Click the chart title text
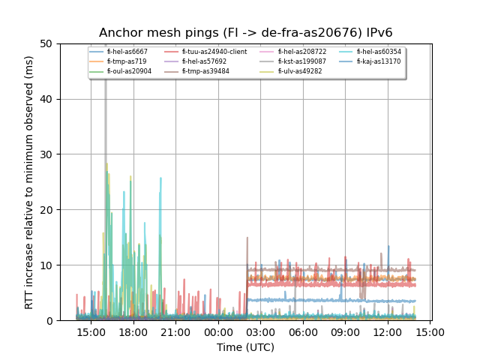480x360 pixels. coord(245,33)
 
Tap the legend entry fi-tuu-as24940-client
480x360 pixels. coord(214,52)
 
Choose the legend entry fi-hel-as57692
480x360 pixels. coord(204,61)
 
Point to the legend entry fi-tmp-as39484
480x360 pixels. coord(205,71)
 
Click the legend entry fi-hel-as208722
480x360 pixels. coord(302,52)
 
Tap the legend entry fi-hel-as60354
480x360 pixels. coord(379,52)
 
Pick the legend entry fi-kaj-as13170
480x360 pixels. coord(379,61)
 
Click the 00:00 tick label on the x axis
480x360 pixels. coord(218,331)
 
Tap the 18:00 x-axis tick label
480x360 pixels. coord(133,331)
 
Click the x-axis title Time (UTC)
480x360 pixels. coord(245,347)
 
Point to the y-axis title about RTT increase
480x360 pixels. coord(29,182)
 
